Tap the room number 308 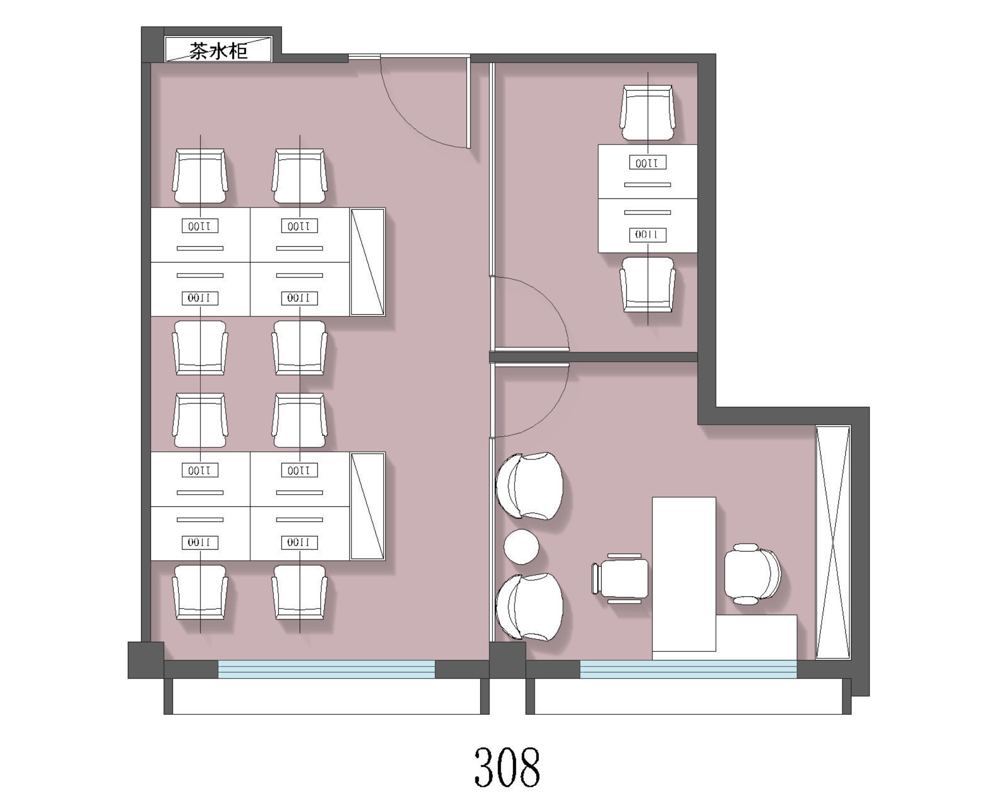coord(507,767)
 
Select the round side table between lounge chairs coord(521,547)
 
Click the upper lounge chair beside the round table coord(529,486)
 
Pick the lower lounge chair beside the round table coord(529,607)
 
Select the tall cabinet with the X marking coord(833,542)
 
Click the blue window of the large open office coord(326,669)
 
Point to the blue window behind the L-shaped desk coord(688,669)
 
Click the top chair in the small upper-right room coord(648,112)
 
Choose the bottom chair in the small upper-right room coord(648,285)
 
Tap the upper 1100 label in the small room coord(648,163)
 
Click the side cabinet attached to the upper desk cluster coord(368,261)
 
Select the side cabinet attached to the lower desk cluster coord(368,506)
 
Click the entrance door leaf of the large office coord(468,102)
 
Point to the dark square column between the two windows coord(508,660)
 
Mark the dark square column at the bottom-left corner coord(146,660)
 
